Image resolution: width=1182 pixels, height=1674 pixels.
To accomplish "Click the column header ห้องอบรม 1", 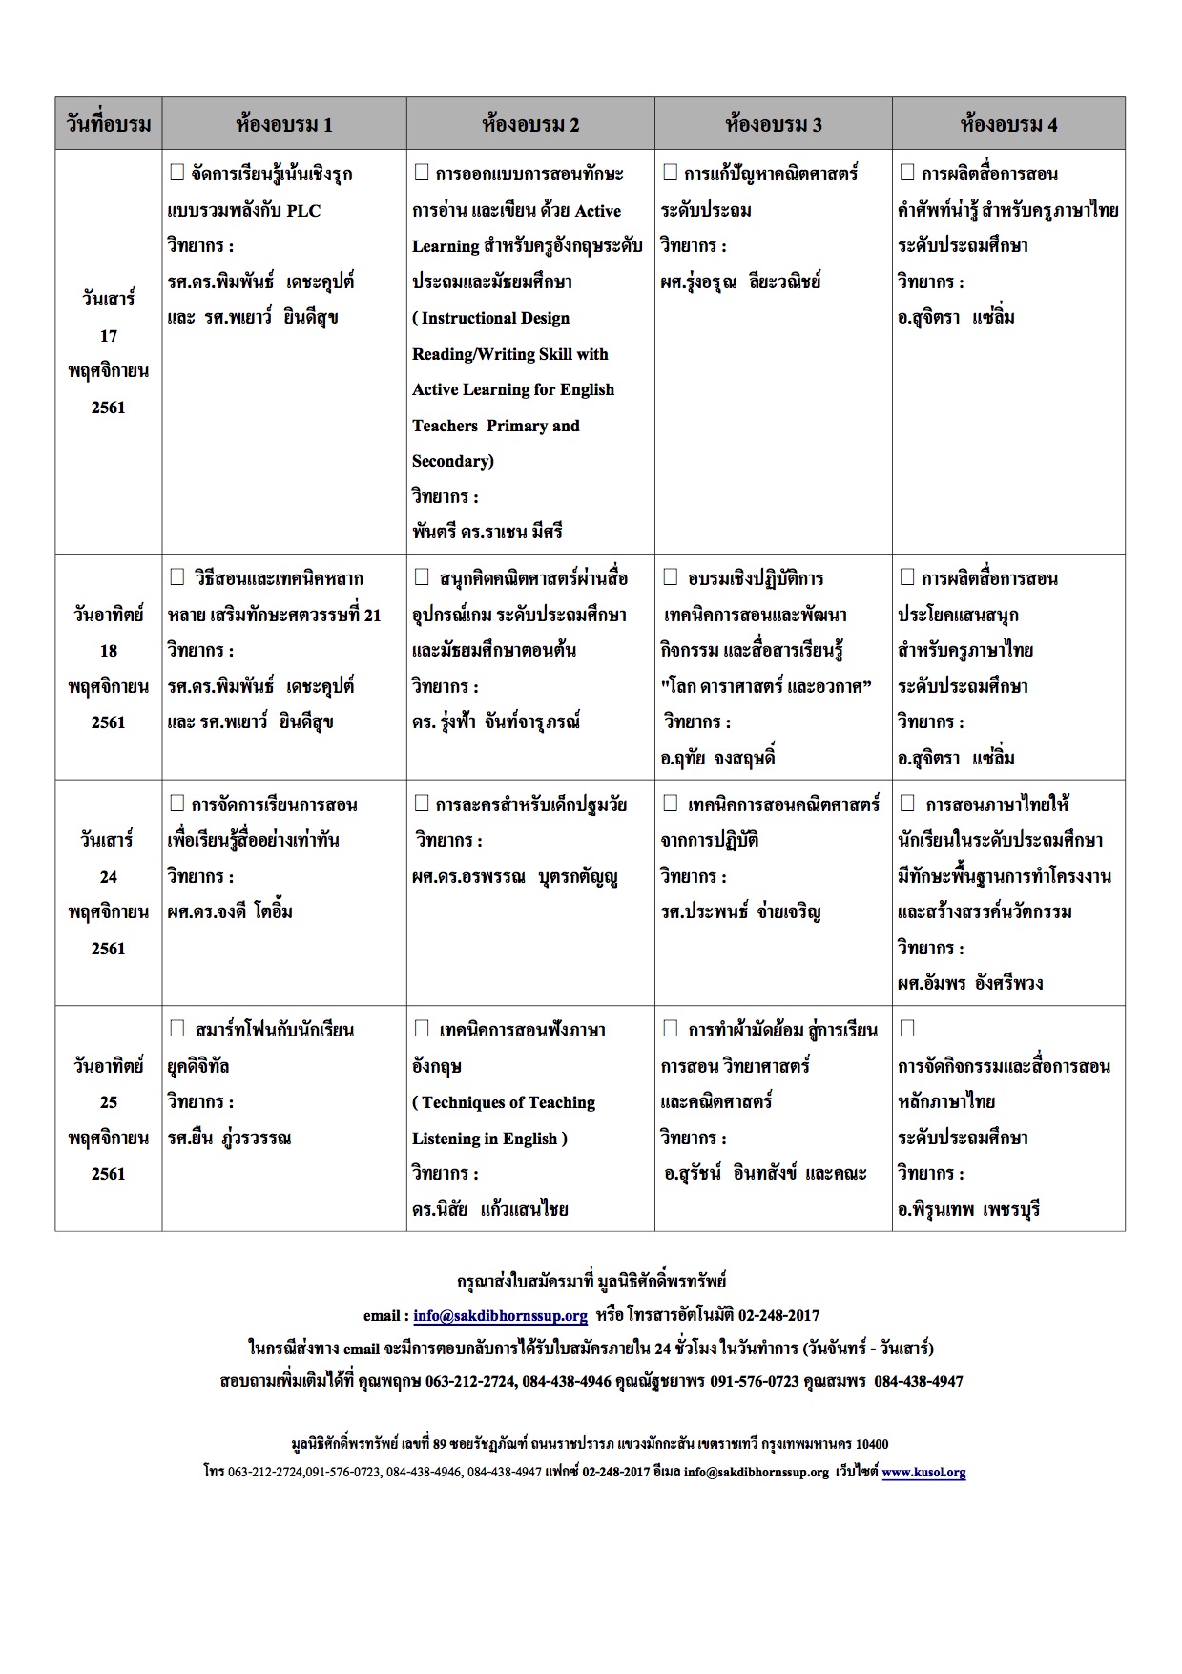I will click(x=283, y=124).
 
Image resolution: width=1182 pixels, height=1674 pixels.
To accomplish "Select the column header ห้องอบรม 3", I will click(x=773, y=124).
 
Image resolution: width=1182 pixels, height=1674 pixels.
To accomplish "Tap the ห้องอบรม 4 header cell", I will click(x=1008, y=124).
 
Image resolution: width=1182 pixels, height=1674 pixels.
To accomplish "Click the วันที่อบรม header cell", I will click(x=108, y=124).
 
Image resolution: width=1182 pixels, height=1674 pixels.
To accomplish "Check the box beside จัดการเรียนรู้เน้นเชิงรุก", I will click(x=176, y=173).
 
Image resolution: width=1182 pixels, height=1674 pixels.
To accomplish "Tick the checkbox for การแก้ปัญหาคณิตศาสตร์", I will click(x=670, y=173).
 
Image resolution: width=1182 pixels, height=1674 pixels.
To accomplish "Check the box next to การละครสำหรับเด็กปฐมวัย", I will click(x=421, y=804).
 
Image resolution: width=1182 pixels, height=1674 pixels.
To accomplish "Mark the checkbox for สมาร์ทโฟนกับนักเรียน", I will click(x=176, y=1029).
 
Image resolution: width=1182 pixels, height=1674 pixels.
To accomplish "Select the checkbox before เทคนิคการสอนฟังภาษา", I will click(x=422, y=1029).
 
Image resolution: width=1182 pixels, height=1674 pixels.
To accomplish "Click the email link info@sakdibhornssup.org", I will click(x=500, y=1316).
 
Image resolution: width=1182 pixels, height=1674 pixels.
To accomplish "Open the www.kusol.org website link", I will click(x=923, y=1473).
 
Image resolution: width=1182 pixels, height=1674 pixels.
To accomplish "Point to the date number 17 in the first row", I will click(x=108, y=336).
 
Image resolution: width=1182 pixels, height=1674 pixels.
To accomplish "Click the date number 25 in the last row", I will click(x=108, y=1102).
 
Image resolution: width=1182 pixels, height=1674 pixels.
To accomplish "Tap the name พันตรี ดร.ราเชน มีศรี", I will click(x=487, y=533).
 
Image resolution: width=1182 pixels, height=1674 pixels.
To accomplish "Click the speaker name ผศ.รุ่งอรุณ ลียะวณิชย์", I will click(x=740, y=282).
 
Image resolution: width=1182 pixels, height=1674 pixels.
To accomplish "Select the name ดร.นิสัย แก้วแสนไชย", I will click(x=489, y=1210).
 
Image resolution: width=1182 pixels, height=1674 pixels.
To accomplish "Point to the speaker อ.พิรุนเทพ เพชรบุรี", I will click(x=968, y=1210).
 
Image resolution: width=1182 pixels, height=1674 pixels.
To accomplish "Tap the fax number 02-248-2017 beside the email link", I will click(x=778, y=1316).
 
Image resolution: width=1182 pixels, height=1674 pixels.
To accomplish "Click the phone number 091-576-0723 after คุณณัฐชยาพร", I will click(x=754, y=1382).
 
